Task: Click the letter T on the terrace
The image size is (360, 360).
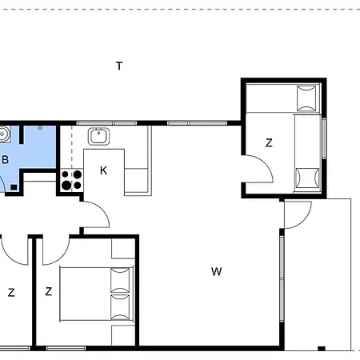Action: (x=119, y=66)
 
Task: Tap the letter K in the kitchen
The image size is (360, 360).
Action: (x=103, y=170)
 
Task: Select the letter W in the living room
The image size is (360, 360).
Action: (x=216, y=272)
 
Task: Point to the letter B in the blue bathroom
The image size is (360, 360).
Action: (x=5, y=159)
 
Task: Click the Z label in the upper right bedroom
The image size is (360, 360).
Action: (x=269, y=142)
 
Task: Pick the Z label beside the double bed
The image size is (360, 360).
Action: (x=48, y=291)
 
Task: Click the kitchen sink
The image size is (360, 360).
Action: (x=98, y=136)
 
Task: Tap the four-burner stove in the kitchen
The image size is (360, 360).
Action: (x=72, y=180)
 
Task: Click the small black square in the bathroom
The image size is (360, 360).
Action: (x=14, y=187)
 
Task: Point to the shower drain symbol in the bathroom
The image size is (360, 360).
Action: (x=40, y=128)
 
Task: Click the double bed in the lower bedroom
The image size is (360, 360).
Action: (x=97, y=294)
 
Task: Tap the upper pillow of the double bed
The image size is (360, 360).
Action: (x=120, y=280)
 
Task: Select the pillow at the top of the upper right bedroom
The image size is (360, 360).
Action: (x=306, y=98)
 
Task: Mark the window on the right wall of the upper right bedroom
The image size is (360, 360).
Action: (x=324, y=138)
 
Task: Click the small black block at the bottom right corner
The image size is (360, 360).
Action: (x=322, y=348)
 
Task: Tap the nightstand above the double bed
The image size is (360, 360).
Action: (x=123, y=249)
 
